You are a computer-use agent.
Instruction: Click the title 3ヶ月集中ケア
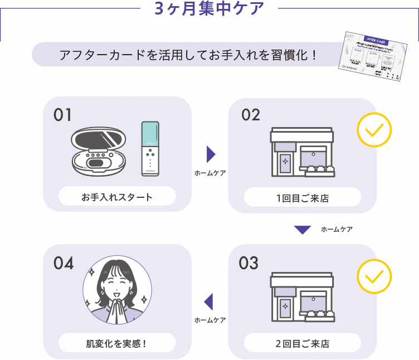click(x=209, y=9)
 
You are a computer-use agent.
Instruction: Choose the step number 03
click(x=249, y=263)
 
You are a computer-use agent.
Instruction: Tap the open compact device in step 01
click(x=99, y=150)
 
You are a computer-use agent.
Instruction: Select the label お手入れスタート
click(x=117, y=197)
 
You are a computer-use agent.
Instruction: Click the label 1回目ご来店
click(x=302, y=197)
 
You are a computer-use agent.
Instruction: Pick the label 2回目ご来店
click(x=302, y=344)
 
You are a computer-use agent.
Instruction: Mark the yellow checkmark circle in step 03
click(x=374, y=276)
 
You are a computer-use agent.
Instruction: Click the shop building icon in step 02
click(x=301, y=152)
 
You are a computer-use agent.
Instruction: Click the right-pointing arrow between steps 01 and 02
click(x=210, y=154)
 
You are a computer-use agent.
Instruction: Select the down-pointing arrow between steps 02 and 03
click(x=302, y=230)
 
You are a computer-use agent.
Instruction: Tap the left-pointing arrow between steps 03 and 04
click(x=209, y=301)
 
